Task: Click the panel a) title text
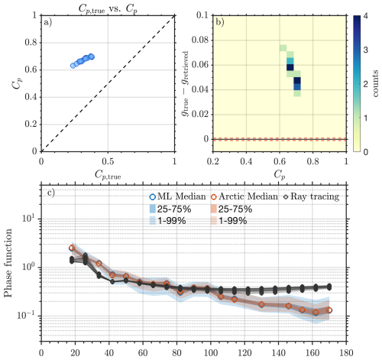108,6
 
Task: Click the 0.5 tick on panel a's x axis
108,162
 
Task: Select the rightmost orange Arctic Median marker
329,310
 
